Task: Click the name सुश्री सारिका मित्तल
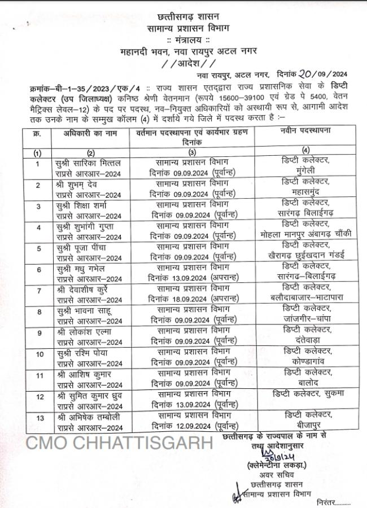(90, 163)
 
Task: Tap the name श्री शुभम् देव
(82, 185)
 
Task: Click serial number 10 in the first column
(38, 354)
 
